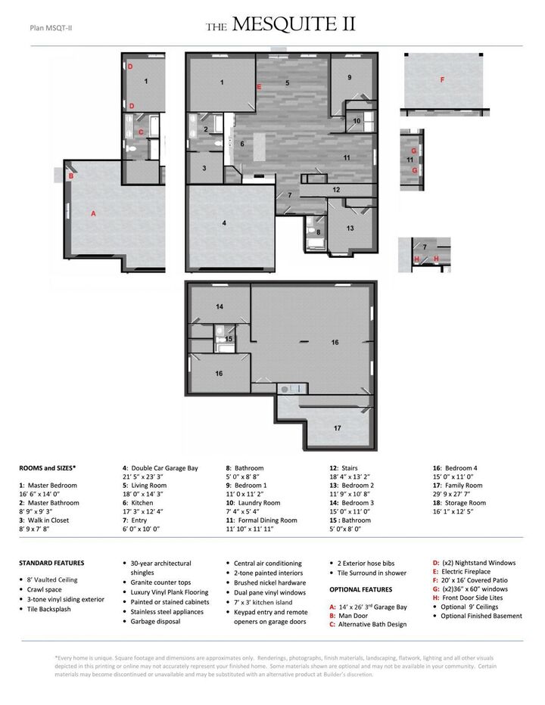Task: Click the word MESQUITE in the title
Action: [x=285, y=26]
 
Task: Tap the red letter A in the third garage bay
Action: [x=94, y=214]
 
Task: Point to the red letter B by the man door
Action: [x=70, y=176]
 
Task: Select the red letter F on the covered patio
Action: [x=442, y=79]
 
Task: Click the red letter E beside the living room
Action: [x=259, y=88]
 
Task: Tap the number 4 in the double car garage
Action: [x=224, y=223]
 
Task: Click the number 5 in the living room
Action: [x=287, y=82]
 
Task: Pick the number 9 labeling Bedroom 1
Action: [x=350, y=78]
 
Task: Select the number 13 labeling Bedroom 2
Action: [x=350, y=228]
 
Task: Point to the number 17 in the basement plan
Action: [x=338, y=428]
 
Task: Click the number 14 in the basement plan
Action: [x=220, y=307]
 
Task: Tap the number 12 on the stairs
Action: [x=336, y=190]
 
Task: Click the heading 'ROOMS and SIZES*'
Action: [x=48, y=468]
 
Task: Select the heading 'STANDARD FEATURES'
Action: [x=51, y=563]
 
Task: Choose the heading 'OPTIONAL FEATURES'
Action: [x=360, y=589]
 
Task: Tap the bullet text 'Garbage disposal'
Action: [x=155, y=621]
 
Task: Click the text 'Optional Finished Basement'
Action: [x=481, y=616]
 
